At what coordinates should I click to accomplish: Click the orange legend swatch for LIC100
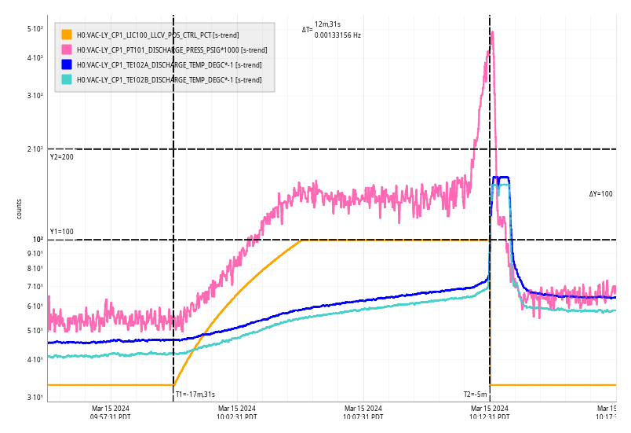pos(67,35)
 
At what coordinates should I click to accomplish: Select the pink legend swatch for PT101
pos(67,50)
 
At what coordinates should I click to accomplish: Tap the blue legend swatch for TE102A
pos(67,64)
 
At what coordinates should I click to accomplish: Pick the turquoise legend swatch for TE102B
pos(67,79)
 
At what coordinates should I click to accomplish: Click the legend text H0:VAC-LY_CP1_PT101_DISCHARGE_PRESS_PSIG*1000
pos(169,50)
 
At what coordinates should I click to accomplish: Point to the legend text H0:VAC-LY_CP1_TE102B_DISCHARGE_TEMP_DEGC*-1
pos(169,79)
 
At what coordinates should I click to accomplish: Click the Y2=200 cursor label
pos(61,157)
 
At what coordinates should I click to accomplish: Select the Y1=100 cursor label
pos(61,232)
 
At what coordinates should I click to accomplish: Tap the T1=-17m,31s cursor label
pos(195,394)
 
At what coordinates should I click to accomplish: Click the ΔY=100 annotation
pos(601,193)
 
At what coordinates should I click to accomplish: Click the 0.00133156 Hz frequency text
pos(337,35)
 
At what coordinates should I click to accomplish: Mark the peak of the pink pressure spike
pos(492,32)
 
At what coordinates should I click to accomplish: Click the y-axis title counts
pos(19,209)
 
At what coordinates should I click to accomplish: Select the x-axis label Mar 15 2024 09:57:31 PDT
pos(110,413)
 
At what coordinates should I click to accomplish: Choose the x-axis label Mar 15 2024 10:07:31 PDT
pos(363,413)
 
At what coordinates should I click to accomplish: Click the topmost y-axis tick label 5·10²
pos(35,29)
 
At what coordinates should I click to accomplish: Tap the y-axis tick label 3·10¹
pos(35,398)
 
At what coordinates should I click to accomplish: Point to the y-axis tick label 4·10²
pos(35,58)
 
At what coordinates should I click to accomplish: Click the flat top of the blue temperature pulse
pos(501,179)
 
